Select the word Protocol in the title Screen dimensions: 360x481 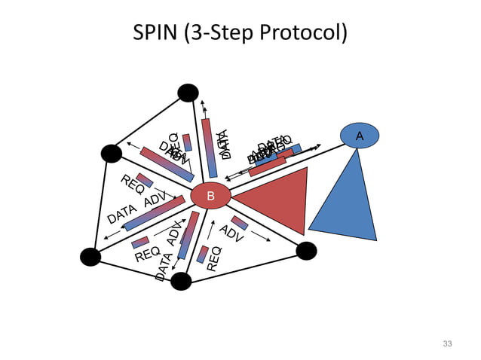(x=305, y=34)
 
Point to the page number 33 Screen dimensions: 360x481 (x=447, y=343)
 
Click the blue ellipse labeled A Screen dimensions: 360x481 (x=359, y=136)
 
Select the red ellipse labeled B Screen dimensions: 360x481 (x=210, y=196)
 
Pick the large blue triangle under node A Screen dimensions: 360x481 (x=348, y=203)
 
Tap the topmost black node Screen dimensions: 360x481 (x=188, y=93)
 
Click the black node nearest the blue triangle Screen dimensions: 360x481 (x=306, y=251)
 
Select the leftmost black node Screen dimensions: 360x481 (x=90, y=257)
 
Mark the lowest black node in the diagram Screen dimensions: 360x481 (x=181, y=281)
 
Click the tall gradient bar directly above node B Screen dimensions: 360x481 (x=209, y=148)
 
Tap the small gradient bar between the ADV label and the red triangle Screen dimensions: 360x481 (x=240, y=222)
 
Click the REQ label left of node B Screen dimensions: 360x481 (x=133, y=185)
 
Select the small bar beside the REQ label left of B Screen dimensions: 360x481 (x=144, y=180)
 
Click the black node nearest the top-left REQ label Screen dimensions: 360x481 (x=112, y=154)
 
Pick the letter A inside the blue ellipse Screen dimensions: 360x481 (x=359, y=136)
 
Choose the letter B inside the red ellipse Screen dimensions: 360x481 (x=210, y=197)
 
